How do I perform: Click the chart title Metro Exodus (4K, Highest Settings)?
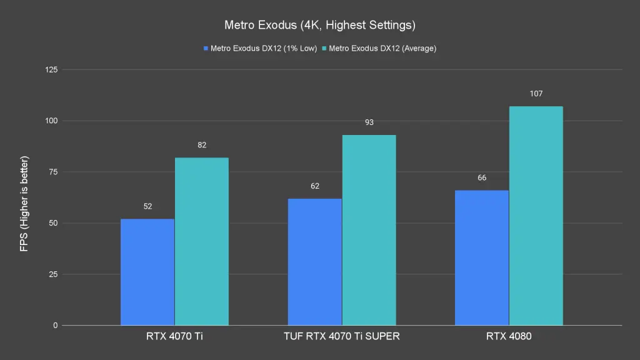[x=319, y=26]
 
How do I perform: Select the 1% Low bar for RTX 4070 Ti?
[x=147, y=272]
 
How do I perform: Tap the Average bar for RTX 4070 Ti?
[x=201, y=241]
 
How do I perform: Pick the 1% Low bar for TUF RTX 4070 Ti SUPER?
[x=314, y=262]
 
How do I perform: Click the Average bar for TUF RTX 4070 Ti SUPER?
[x=369, y=230]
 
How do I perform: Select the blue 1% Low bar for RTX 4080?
[x=482, y=257]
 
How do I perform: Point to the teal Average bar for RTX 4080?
[x=536, y=216]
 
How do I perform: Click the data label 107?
[x=536, y=94]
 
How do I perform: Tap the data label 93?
[x=369, y=122]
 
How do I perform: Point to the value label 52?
[x=147, y=206]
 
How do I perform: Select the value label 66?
[x=482, y=178]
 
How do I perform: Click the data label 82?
[x=201, y=145]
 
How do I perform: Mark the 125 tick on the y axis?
[x=51, y=69]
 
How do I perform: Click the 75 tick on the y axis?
[x=52, y=172]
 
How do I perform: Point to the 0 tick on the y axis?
[x=55, y=326]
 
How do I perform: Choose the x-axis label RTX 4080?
[x=509, y=336]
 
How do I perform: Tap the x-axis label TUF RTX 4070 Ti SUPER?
[x=342, y=336]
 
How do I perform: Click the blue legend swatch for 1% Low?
[x=206, y=48]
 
